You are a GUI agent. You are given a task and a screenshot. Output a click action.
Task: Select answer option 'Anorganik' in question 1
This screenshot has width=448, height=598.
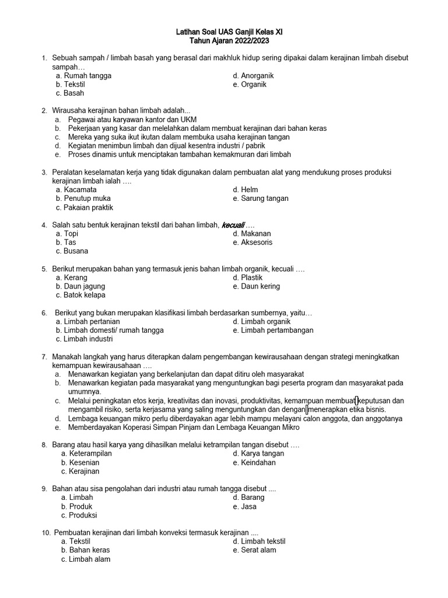[x=257, y=76]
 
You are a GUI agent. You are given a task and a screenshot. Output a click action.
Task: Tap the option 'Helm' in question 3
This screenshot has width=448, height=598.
[x=249, y=190]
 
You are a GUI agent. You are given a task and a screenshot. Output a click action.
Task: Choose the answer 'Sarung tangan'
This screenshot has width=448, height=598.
[x=264, y=199]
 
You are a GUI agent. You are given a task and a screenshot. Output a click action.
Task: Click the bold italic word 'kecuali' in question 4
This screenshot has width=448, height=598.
[x=233, y=225]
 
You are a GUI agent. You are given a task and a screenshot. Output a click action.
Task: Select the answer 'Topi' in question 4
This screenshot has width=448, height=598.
[x=71, y=234]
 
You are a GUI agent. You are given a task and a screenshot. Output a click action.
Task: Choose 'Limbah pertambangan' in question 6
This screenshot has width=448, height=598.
[x=276, y=331]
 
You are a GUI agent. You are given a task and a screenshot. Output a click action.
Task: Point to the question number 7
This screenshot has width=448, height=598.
[x=44, y=357]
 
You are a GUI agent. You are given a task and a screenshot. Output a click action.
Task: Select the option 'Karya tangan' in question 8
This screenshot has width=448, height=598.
[x=262, y=454]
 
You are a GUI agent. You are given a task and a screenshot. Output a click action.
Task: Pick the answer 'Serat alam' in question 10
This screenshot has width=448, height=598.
[x=258, y=550]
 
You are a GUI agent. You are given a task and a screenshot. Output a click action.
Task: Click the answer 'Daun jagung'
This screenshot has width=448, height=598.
[x=85, y=287]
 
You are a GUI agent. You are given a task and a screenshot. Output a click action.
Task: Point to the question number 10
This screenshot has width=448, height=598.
[x=46, y=533]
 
